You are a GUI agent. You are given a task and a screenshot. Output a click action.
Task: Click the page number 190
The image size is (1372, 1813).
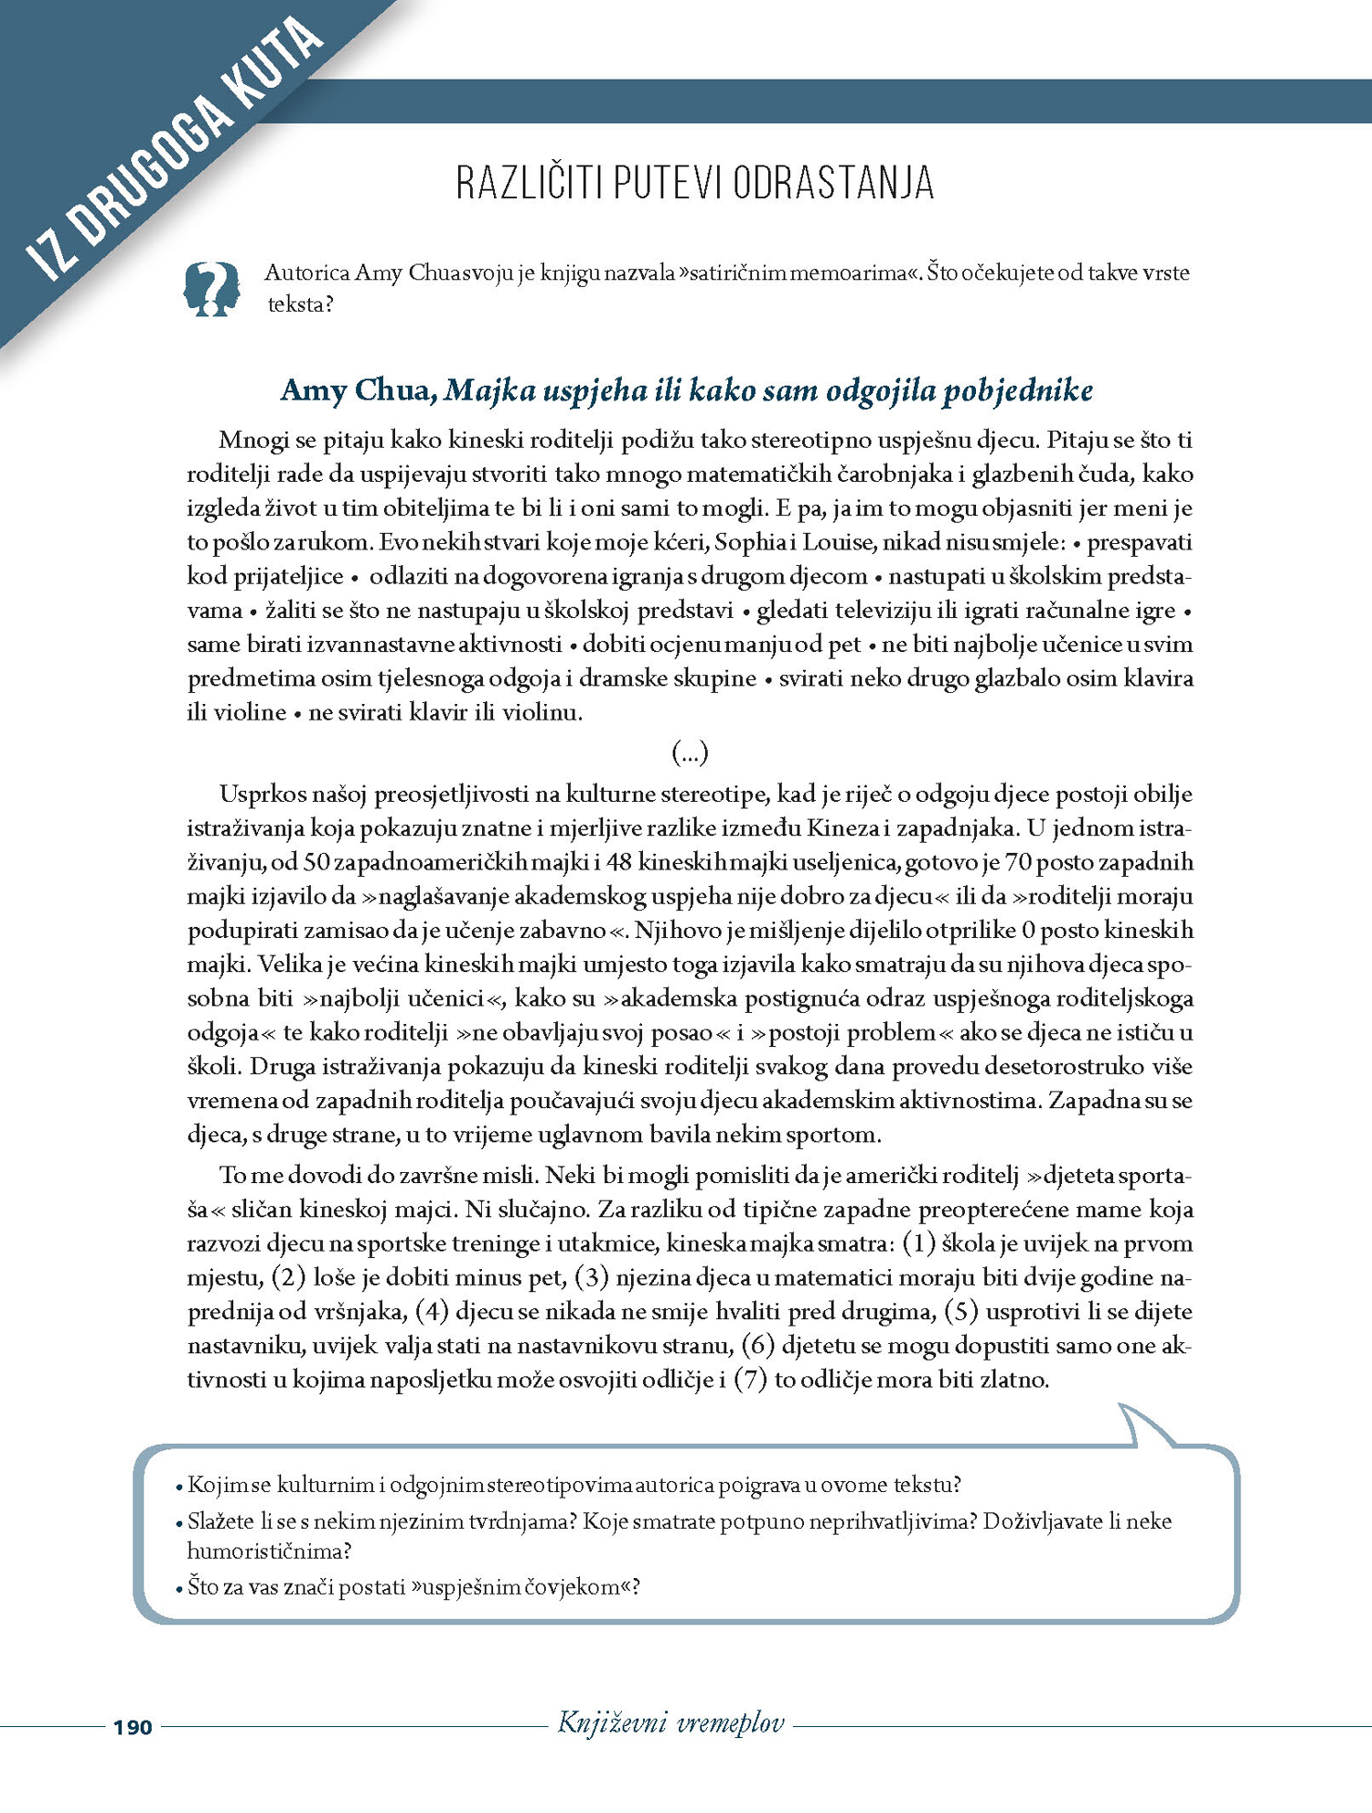point(133,1727)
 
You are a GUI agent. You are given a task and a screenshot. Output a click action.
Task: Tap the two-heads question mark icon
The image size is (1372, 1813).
point(212,289)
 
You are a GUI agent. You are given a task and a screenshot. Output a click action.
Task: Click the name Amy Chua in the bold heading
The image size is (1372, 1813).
point(358,390)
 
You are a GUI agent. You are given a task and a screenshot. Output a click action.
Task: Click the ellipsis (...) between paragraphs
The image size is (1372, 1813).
point(690,752)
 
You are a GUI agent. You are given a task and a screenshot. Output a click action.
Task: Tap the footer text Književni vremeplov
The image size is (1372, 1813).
point(671,1723)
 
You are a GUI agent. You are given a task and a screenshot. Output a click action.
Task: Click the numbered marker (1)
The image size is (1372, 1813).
point(918,1243)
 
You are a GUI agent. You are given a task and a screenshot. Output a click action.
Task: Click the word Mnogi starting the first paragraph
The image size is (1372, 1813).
point(249,440)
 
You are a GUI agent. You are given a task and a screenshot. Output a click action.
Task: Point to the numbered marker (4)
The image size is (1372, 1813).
point(432,1311)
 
